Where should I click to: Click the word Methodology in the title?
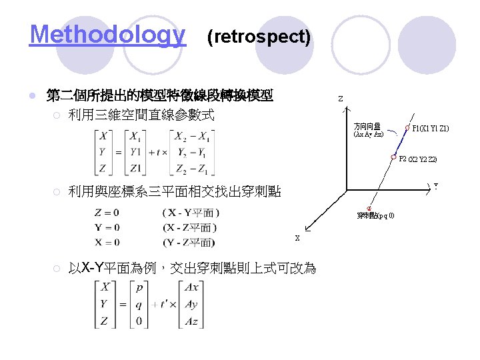[x=107, y=35]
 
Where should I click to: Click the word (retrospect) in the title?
[x=259, y=37]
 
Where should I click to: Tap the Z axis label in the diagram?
[x=340, y=99]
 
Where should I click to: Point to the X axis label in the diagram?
[x=297, y=238]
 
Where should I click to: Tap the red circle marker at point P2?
[x=394, y=158]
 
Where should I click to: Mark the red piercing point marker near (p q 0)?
[x=369, y=207]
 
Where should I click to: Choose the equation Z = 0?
[x=107, y=213]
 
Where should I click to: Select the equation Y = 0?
[x=107, y=228]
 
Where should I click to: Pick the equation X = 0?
[x=107, y=242]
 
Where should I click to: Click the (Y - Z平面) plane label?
[x=189, y=242]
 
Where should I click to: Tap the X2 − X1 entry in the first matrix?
[x=194, y=137]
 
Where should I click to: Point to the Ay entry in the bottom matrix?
[x=190, y=304]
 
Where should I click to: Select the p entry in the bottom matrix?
[x=138, y=288]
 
